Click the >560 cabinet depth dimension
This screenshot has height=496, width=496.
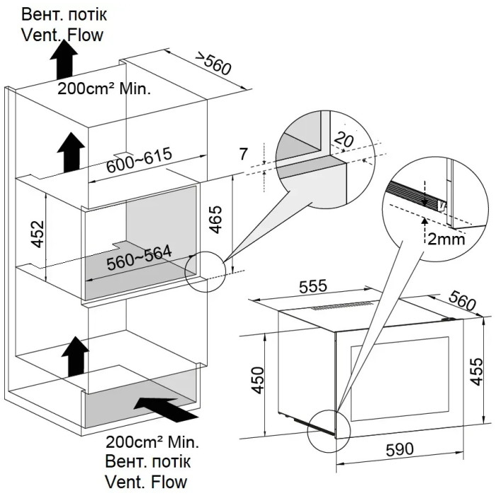pyautogui.click(x=213, y=64)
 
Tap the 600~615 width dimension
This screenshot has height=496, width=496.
pyautogui.click(x=139, y=160)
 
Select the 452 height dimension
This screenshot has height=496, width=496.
pyautogui.click(x=38, y=234)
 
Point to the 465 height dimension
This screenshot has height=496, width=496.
pyautogui.click(x=215, y=220)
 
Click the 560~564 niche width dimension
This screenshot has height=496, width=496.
pyautogui.click(x=139, y=258)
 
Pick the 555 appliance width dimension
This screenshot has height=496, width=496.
pyautogui.click(x=313, y=286)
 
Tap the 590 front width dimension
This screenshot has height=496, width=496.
pyautogui.click(x=400, y=449)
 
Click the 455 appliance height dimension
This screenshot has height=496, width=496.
pyautogui.click(x=476, y=372)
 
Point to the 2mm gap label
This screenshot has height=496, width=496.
pyautogui.click(x=446, y=239)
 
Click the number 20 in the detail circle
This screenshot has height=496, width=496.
pyautogui.click(x=344, y=140)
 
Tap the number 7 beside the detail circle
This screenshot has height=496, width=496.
pyautogui.click(x=243, y=154)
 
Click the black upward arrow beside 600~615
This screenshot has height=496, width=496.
pyautogui.click(x=71, y=152)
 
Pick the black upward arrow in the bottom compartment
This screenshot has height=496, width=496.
pyautogui.click(x=75, y=356)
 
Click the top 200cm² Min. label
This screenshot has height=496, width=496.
pyautogui.click(x=104, y=89)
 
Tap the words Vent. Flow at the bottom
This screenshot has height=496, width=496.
pyautogui.click(x=146, y=482)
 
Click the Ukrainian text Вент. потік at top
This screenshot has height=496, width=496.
pyautogui.click(x=64, y=15)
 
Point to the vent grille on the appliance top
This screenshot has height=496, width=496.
pyautogui.click(x=342, y=306)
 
